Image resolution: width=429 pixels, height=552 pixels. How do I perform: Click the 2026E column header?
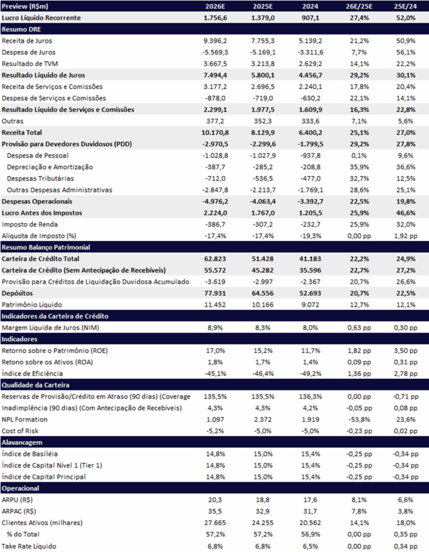click(215, 6)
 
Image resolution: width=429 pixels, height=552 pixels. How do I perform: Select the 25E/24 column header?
click(406, 6)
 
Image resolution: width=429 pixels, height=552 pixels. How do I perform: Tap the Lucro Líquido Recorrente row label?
click(41, 18)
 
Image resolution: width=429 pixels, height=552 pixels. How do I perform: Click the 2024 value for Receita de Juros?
click(310, 41)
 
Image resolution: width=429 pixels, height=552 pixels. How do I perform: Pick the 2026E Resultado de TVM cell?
click(215, 64)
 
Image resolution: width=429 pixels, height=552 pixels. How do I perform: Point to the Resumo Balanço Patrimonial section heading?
click(46, 247)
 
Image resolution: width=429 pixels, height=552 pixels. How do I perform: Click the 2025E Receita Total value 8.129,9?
click(263, 133)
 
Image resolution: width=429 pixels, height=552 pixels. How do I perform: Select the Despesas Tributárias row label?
click(40, 178)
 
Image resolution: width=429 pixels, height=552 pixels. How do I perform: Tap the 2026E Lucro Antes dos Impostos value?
click(215, 213)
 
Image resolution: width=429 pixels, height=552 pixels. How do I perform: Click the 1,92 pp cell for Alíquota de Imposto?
click(406, 236)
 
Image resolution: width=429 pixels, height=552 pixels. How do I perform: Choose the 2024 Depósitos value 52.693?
click(310, 293)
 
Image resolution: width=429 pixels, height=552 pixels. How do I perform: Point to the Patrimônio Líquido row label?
click(32, 305)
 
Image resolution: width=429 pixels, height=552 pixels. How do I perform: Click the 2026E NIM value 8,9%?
click(215, 328)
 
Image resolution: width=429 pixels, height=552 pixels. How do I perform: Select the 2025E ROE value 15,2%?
click(263, 350)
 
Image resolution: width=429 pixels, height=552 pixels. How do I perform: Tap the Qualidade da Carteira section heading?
click(36, 385)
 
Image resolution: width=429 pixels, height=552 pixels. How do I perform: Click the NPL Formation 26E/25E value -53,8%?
click(359, 419)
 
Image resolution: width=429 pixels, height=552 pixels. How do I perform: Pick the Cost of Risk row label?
click(20, 431)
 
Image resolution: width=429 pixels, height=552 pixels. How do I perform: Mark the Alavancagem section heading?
click(22, 443)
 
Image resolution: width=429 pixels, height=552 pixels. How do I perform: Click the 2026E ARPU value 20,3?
click(215, 500)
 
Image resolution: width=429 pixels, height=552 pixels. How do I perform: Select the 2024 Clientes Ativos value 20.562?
click(310, 523)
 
